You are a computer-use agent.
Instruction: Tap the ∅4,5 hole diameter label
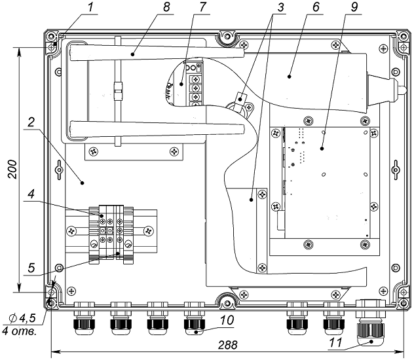(21, 319)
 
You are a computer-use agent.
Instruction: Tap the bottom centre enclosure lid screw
(226, 302)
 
